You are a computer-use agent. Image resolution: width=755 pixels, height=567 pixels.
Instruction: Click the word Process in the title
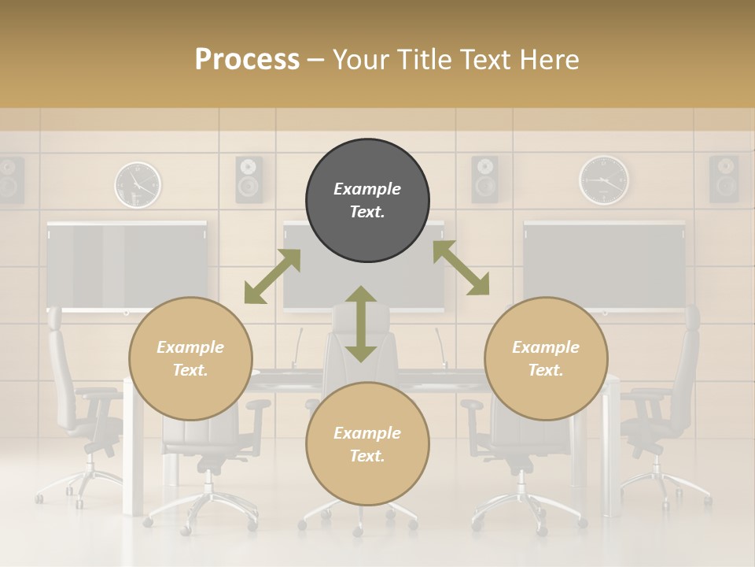click(x=247, y=60)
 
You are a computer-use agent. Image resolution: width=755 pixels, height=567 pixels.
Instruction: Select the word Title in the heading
click(x=426, y=60)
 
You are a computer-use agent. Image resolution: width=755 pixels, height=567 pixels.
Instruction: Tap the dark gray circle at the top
click(x=367, y=201)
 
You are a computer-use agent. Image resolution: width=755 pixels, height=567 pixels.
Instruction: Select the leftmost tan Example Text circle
click(x=190, y=358)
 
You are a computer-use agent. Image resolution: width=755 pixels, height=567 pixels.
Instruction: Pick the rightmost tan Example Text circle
click(x=546, y=358)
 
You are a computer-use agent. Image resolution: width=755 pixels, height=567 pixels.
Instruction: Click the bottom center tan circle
click(x=367, y=444)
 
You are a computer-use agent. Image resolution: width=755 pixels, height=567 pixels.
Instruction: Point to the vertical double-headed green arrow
click(x=361, y=324)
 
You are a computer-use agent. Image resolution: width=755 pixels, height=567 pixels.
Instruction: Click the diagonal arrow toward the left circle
click(x=272, y=276)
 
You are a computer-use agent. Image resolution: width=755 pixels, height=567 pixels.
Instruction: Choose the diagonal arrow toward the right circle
click(x=461, y=269)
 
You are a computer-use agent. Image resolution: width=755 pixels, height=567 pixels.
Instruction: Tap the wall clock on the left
click(x=138, y=185)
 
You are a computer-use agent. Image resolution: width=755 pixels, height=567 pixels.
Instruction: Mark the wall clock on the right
click(x=604, y=180)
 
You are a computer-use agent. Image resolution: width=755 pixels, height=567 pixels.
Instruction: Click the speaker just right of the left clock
click(x=249, y=179)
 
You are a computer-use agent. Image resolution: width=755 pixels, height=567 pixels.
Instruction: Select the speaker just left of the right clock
click(x=485, y=179)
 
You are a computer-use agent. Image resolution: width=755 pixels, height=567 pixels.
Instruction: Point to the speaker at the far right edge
click(x=724, y=179)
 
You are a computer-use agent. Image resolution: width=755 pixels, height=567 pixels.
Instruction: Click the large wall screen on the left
click(x=127, y=265)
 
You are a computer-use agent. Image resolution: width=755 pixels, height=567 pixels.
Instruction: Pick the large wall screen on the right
click(x=604, y=265)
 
